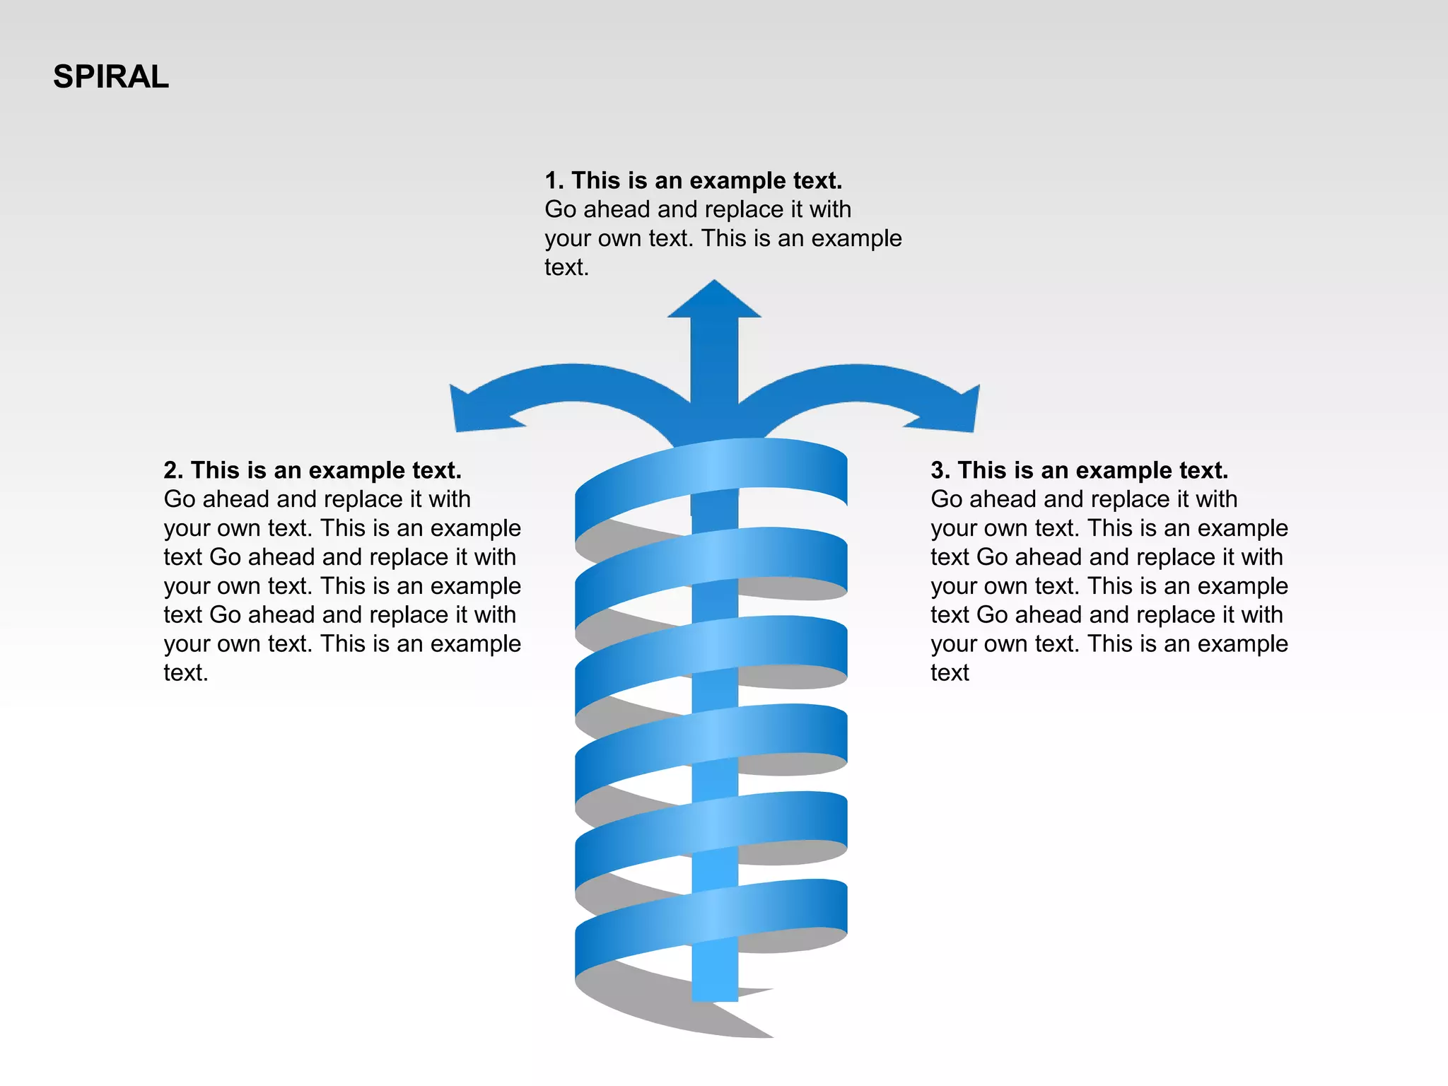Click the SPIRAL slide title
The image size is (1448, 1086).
point(111,77)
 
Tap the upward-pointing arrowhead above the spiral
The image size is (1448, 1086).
point(714,301)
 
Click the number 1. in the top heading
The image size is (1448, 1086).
point(554,181)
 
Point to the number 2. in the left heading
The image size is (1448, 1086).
point(173,471)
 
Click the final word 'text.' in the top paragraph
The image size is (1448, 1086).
point(566,268)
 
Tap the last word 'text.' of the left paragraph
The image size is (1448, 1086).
point(186,673)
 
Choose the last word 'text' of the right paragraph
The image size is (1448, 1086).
point(950,673)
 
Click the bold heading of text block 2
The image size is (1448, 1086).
point(313,471)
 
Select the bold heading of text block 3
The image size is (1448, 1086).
point(1080,471)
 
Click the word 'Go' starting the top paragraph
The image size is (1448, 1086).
point(561,210)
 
